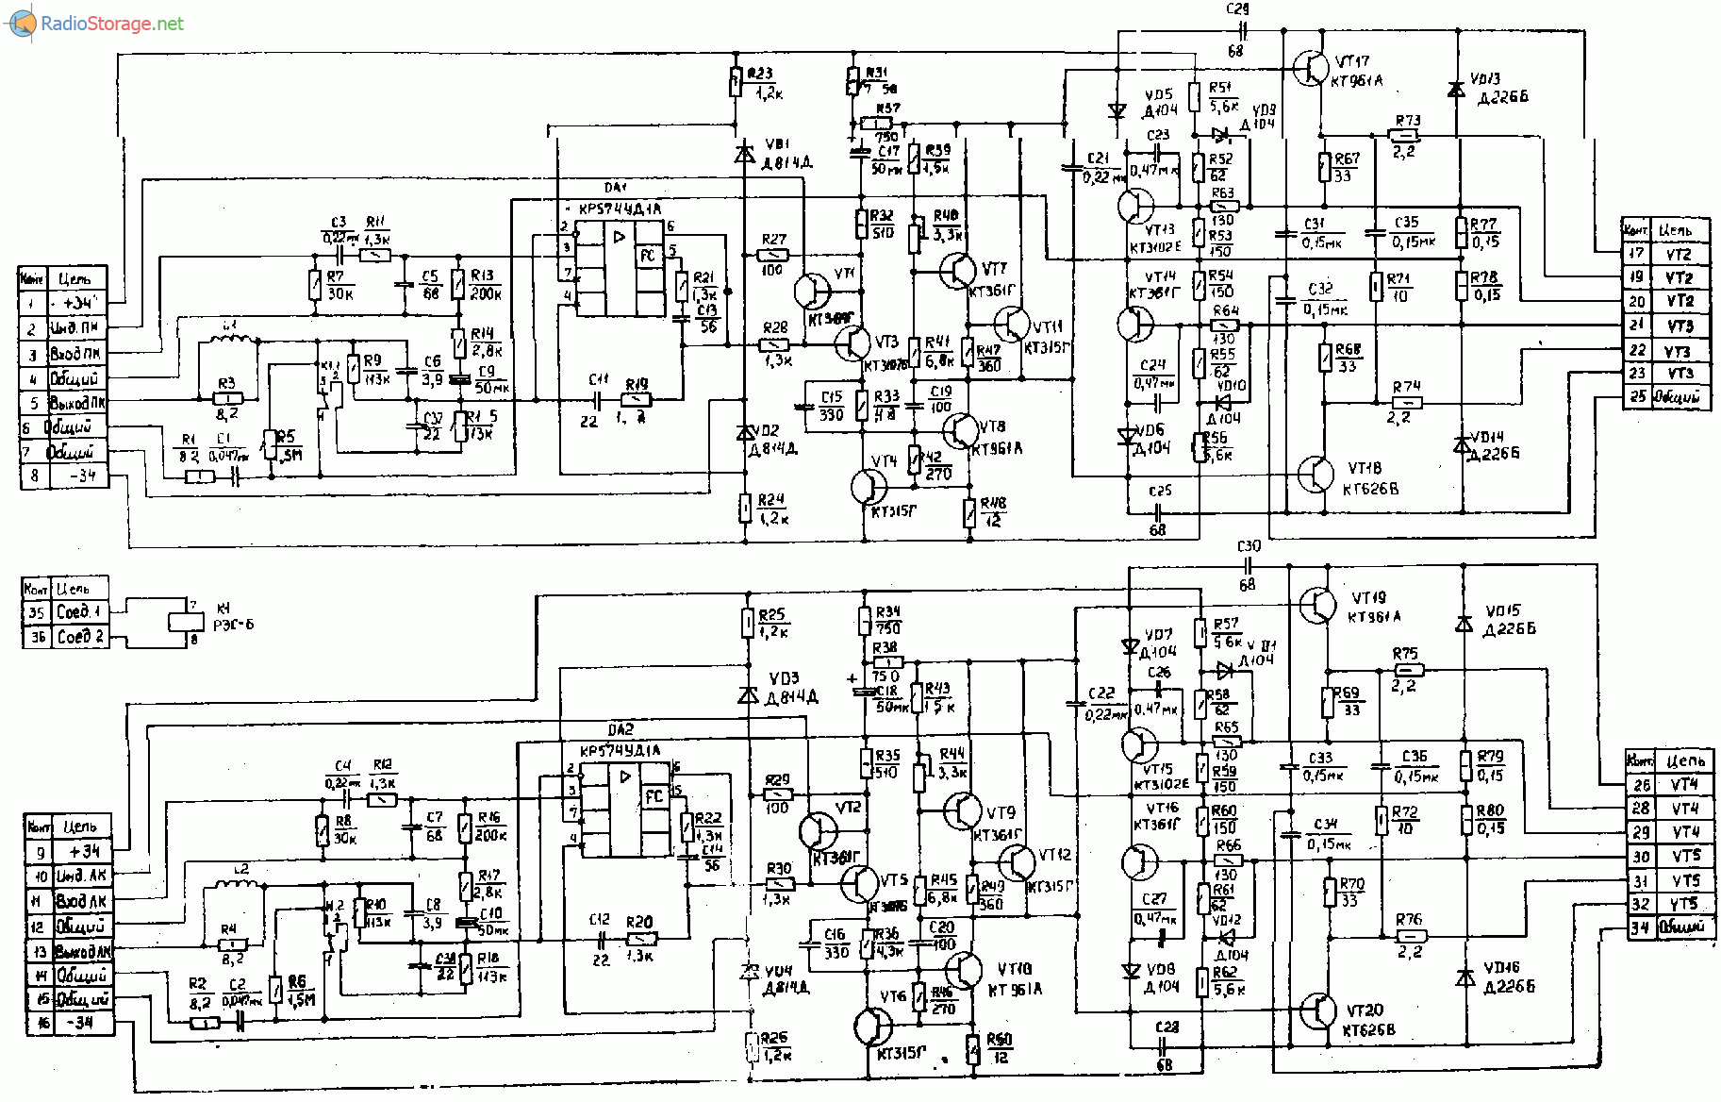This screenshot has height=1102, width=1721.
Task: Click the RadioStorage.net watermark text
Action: (x=111, y=24)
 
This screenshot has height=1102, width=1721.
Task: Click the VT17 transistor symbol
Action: (x=1310, y=68)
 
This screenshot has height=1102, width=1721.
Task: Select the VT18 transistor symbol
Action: (x=1316, y=475)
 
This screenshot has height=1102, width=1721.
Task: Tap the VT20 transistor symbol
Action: (x=1317, y=1011)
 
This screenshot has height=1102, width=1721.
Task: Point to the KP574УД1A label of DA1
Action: (x=620, y=209)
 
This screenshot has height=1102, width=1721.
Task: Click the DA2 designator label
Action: (x=621, y=730)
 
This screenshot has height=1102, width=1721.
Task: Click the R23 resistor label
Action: (x=760, y=74)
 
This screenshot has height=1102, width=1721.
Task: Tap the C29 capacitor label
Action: (x=1237, y=9)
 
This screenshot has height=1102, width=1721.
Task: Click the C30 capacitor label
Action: (x=1249, y=546)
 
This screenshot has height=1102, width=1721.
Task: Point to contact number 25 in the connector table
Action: (x=1637, y=397)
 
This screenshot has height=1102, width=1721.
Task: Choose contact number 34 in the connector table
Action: (x=1641, y=927)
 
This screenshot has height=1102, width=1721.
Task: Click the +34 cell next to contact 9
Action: (x=84, y=851)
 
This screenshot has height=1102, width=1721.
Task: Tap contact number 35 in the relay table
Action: (x=36, y=612)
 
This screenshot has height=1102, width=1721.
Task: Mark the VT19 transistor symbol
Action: (x=1317, y=606)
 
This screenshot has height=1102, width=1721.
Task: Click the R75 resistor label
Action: (x=1405, y=653)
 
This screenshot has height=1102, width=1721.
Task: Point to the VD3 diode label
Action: (x=784, y=678)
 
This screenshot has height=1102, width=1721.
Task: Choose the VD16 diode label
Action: (x=1502, y=968)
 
